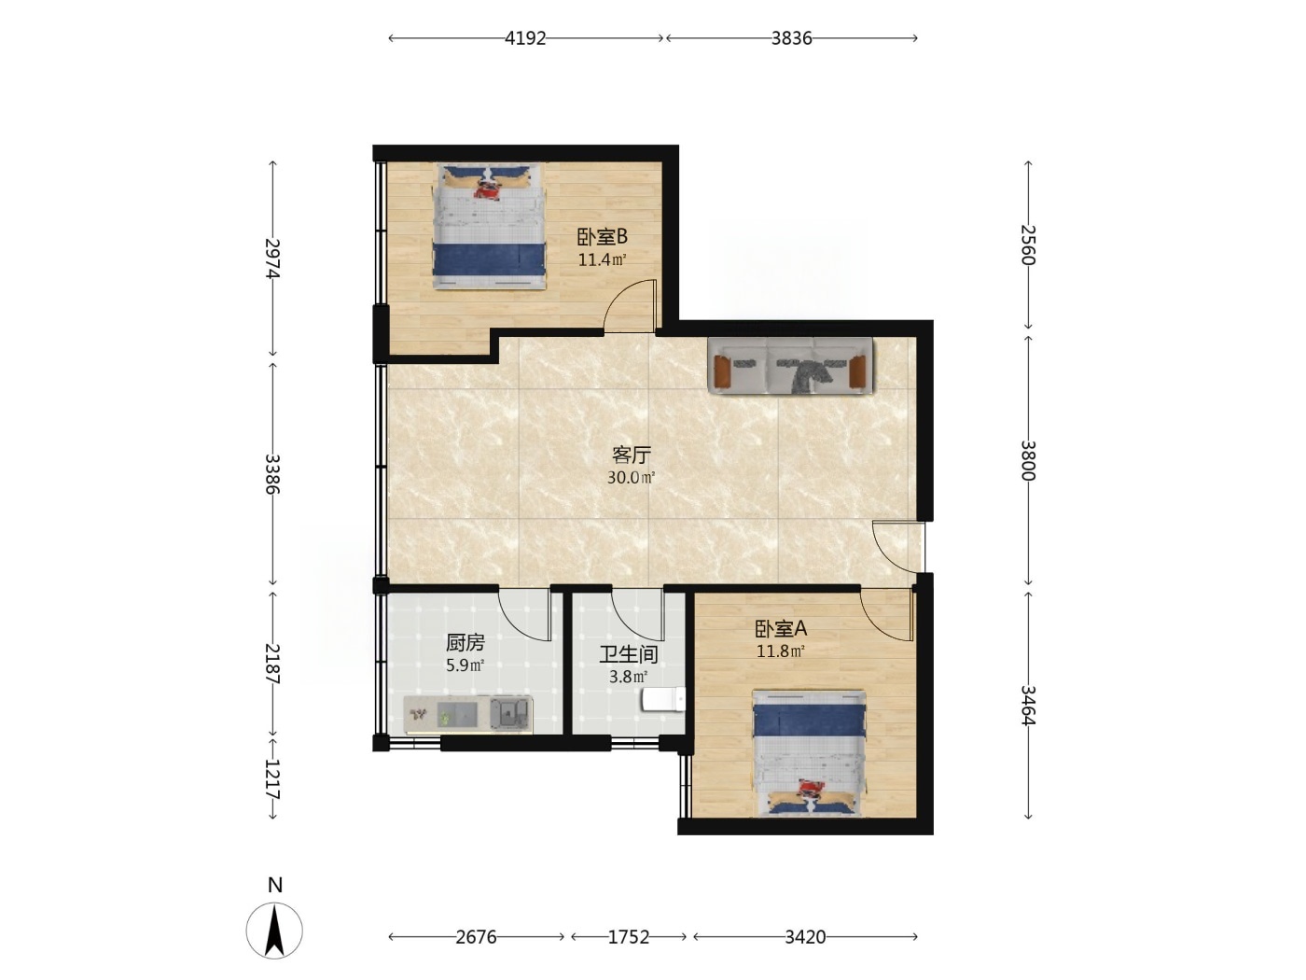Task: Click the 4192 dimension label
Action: click(525, 38)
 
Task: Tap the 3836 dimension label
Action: click(791, 38)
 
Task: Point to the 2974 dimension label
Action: click(272, 259)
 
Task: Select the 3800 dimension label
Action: click(1028, 460)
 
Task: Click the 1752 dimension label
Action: click(629, 937)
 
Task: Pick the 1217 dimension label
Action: click(272, 779)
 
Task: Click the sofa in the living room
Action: click(790, 365)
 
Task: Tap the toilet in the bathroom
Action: click(663, 699)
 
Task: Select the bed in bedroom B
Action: click(489, 227)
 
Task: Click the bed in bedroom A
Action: click(809, 752)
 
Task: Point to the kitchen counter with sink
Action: click(468, 714)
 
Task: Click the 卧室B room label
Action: click(602, 237)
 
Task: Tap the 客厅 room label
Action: click(632, 455)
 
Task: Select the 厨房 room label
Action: click(465, 643)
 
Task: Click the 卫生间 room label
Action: click(629, 654)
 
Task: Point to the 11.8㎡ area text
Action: click(781, 651)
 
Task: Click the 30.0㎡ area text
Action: click(632, 477)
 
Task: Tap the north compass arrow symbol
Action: click(274, 930)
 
